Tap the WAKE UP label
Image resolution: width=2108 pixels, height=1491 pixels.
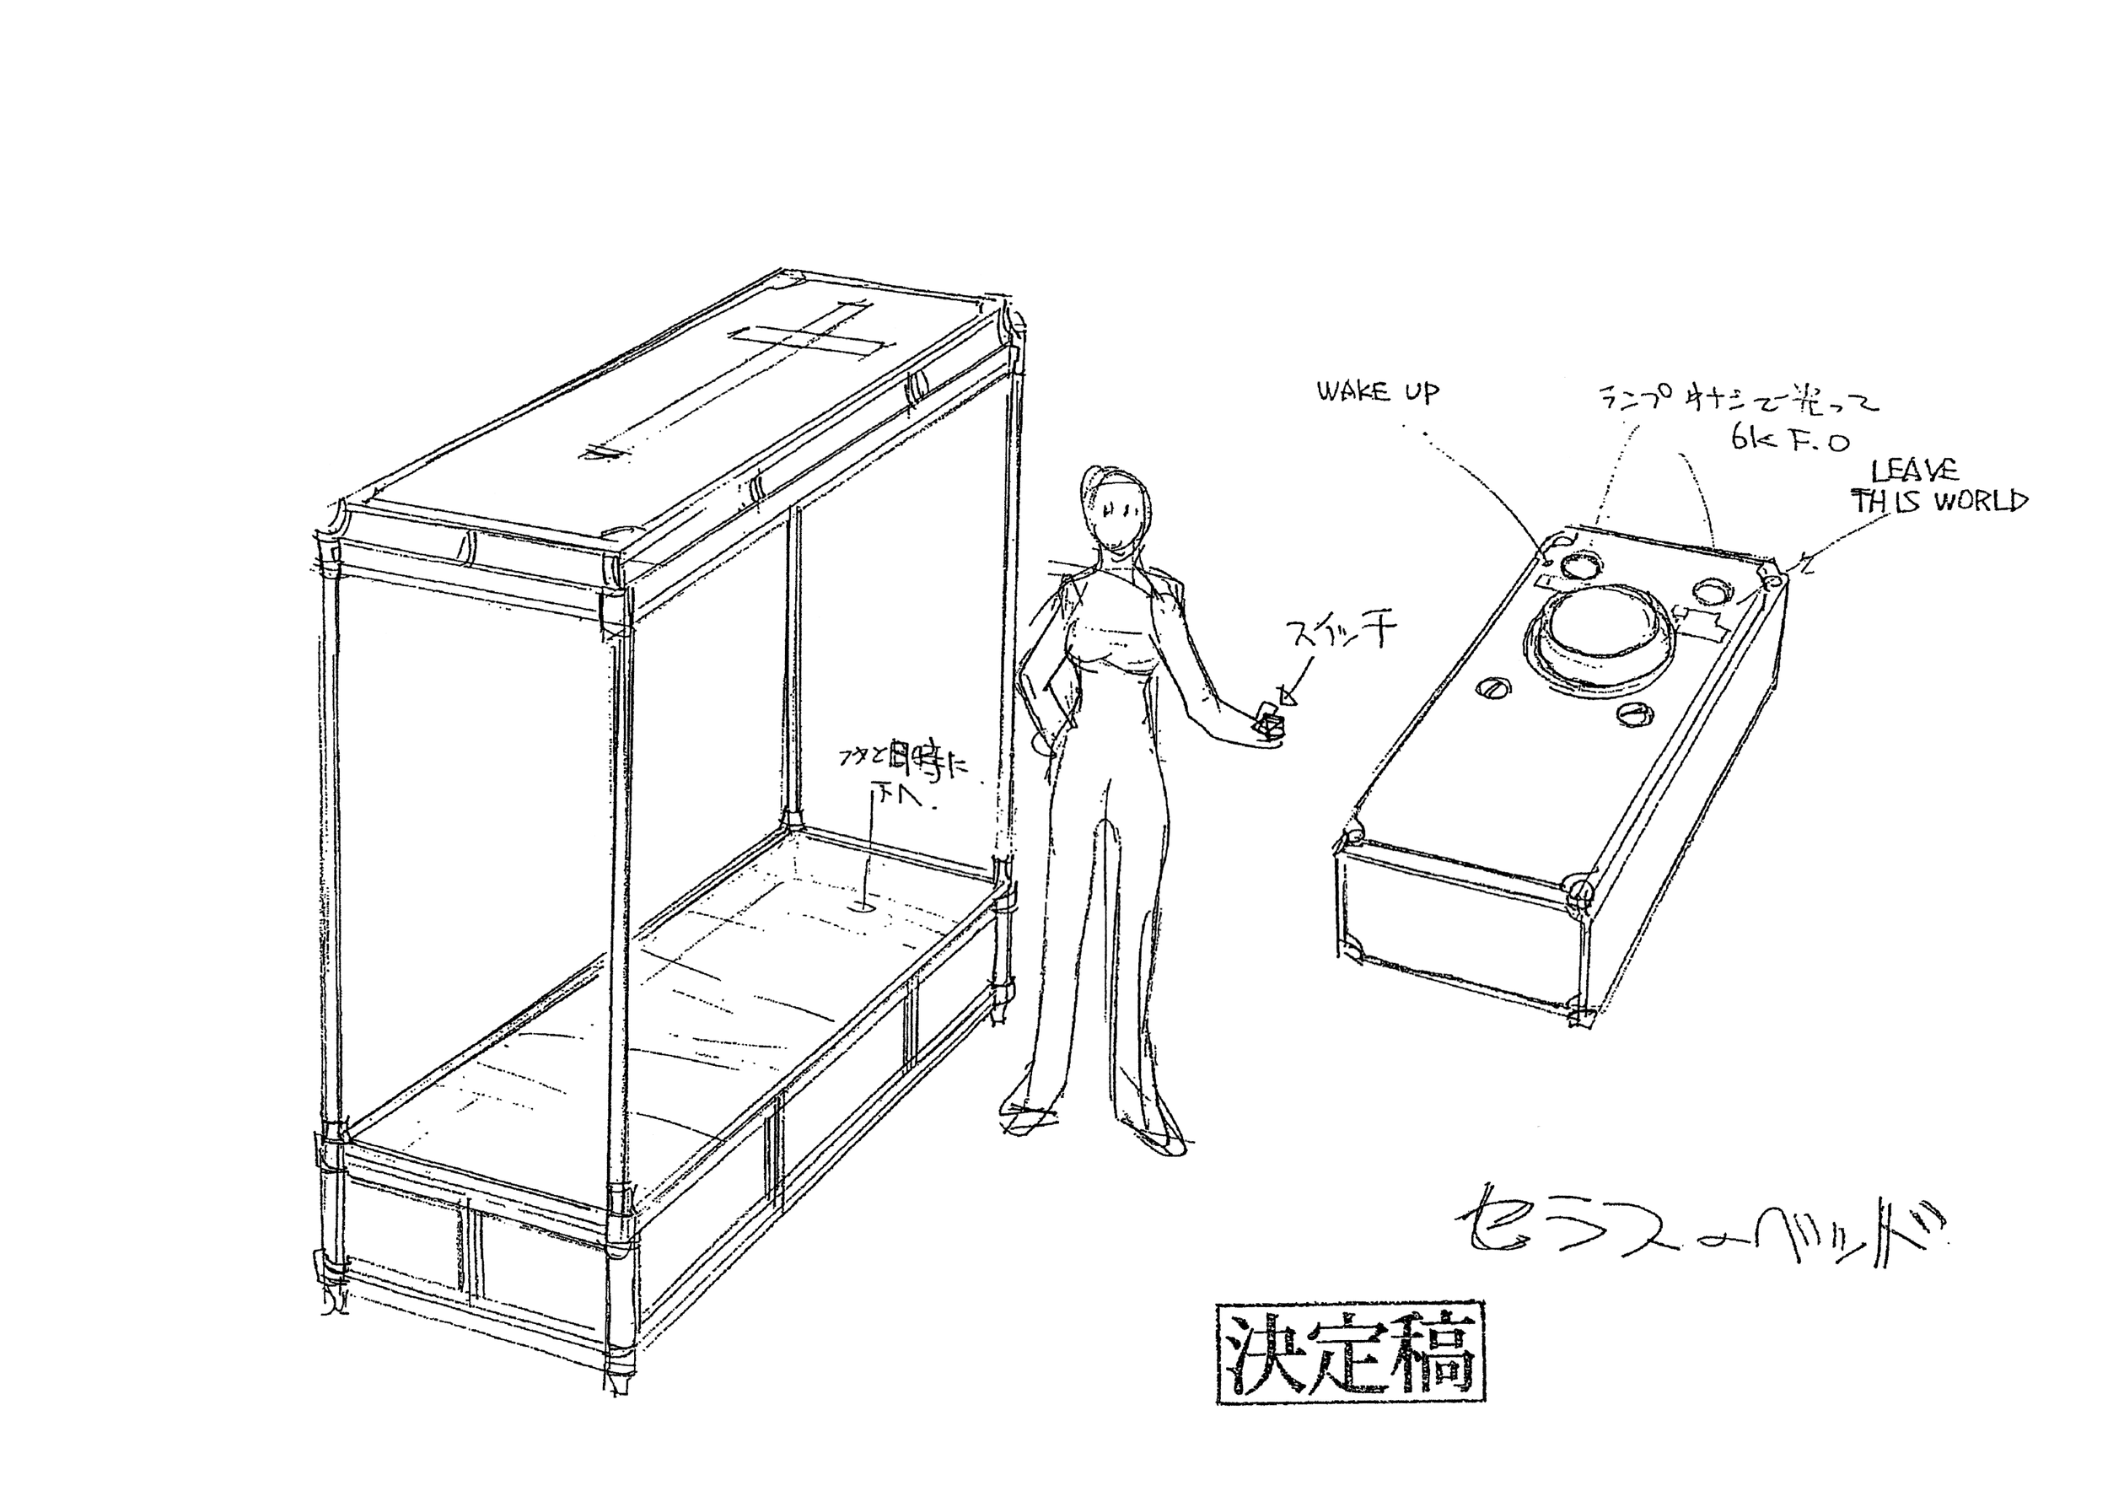pos(1378,393)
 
